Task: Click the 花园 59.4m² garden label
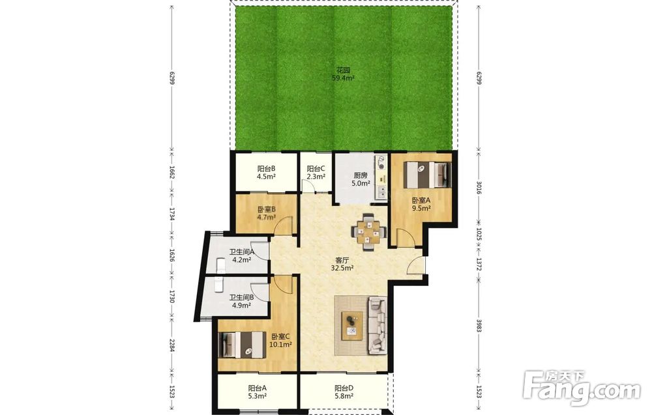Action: click(343, 74)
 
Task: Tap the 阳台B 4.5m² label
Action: click(266, 173)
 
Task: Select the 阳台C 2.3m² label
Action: click(316, 173)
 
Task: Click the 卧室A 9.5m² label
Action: click(421, 205)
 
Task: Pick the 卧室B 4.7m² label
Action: click(267, 213)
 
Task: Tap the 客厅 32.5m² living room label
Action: click(342, 265)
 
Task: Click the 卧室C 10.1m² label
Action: click(282, 340)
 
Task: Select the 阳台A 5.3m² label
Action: click(257, 392)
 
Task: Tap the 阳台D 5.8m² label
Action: click(344, 392)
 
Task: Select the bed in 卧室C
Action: click(243, 345)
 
